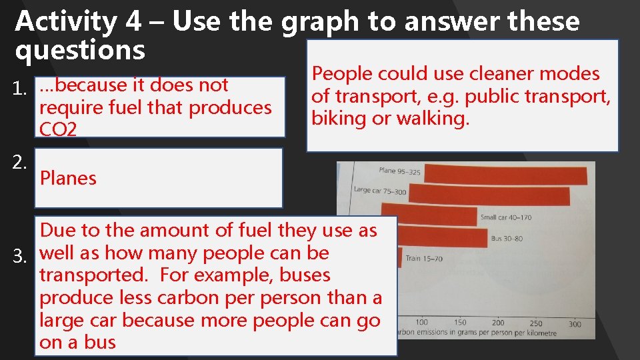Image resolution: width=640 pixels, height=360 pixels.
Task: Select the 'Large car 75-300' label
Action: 380,191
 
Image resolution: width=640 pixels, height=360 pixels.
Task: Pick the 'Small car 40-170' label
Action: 506,217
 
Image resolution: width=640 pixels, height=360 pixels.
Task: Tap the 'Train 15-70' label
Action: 423,258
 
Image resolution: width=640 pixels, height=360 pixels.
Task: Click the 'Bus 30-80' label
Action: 507,238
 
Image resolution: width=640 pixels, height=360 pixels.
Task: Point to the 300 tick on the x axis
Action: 575,324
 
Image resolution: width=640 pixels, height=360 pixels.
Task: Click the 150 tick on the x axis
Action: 459,323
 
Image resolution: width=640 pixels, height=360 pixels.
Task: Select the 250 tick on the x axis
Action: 536,323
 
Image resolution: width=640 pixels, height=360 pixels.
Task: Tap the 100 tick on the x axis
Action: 421,323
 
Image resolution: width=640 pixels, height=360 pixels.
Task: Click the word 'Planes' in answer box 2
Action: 68,179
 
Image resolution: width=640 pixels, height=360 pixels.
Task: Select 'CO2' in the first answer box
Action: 58,129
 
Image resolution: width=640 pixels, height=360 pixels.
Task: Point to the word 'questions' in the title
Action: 80,51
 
